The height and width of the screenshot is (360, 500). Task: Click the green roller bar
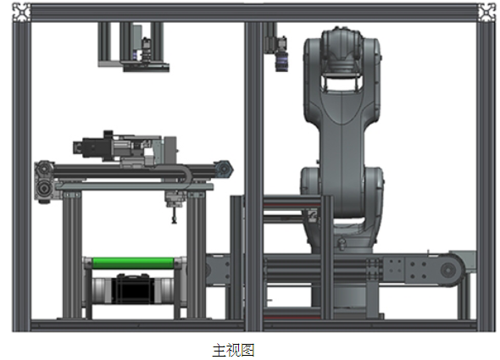tap(133, 263)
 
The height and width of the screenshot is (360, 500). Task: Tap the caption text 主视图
tap(233, 350)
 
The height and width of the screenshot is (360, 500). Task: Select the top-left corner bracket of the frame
tap(21, 13)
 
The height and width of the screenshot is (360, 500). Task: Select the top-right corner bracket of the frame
tap(487, 13)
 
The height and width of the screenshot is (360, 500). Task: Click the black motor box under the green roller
tap(133, 289)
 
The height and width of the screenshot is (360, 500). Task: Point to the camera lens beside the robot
tap(281, 61)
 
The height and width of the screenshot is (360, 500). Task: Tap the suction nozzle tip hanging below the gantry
tap(174, 220)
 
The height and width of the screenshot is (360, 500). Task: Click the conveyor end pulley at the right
tap(448, 270)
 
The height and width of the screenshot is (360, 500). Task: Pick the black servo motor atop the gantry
tap(93, 147)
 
